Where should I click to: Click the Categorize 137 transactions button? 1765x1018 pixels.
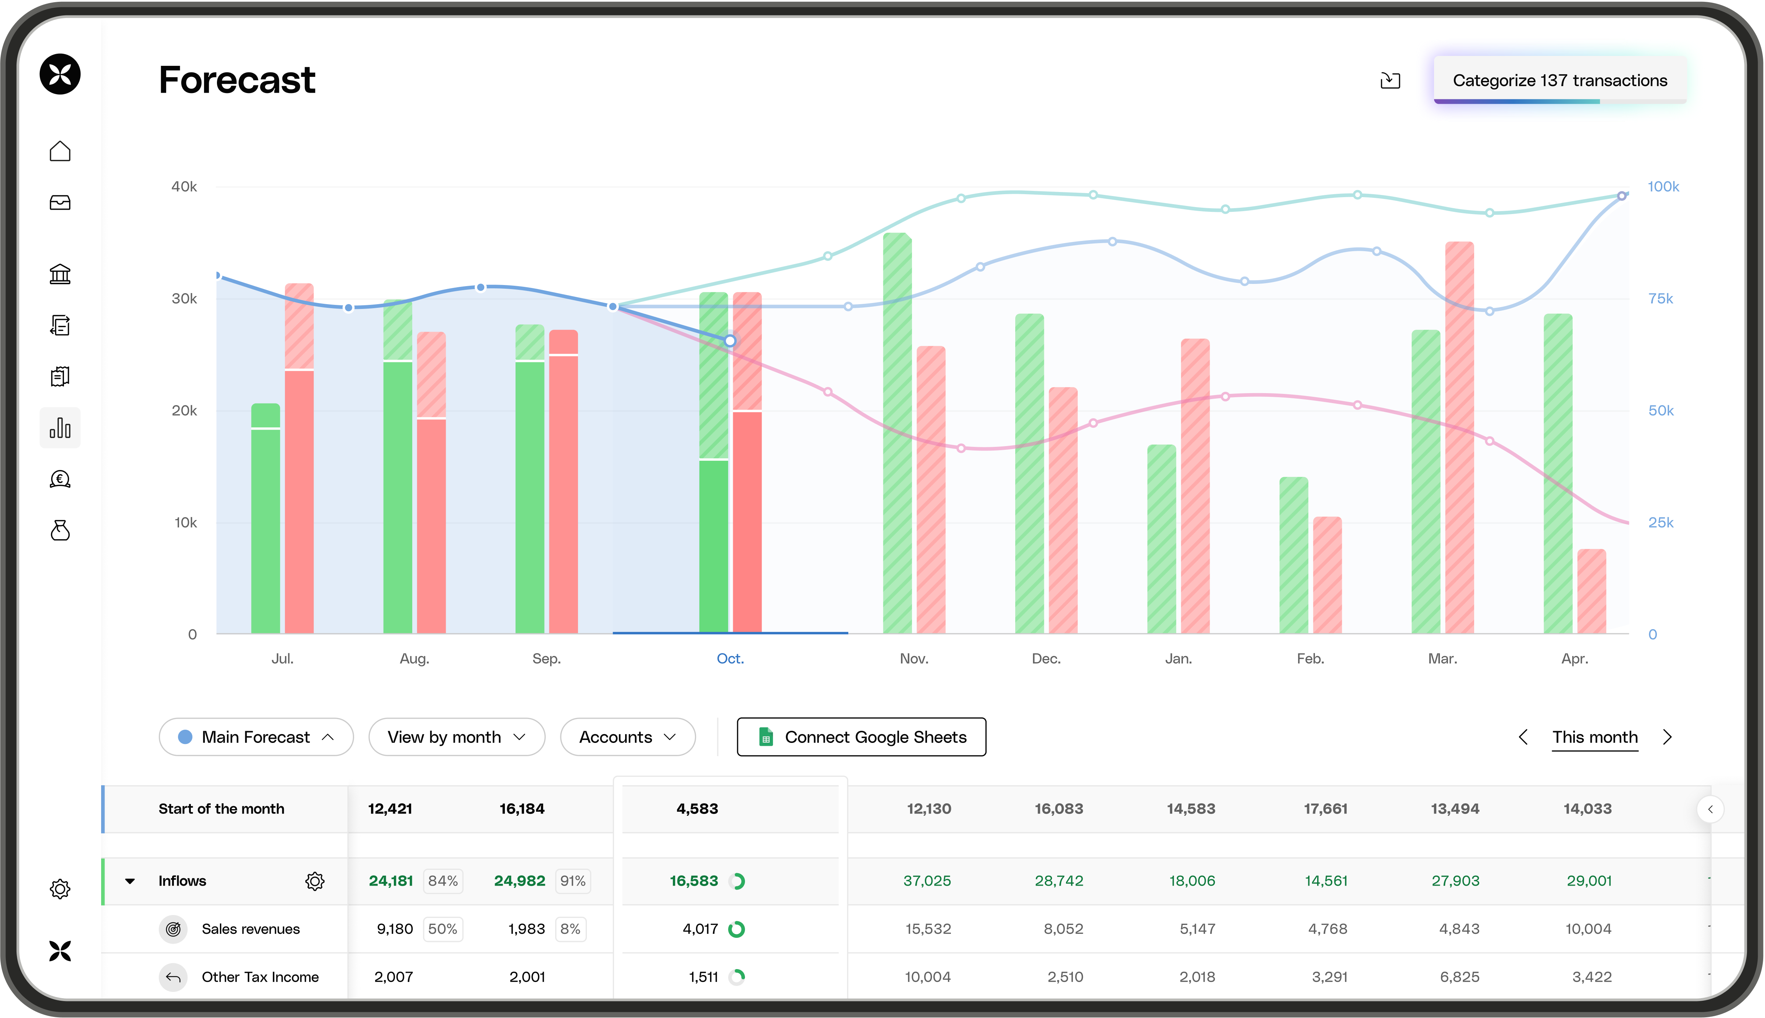1559,81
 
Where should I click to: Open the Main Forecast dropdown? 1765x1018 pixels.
256,737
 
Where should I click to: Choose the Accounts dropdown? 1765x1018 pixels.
627,737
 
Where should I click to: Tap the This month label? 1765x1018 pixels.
1594,737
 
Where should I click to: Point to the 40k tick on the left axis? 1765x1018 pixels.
184,187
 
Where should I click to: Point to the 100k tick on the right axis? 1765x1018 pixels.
1663,187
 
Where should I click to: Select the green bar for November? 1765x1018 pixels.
897,434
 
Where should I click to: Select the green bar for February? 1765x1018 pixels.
1293,556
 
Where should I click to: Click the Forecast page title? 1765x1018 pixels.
237,80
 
